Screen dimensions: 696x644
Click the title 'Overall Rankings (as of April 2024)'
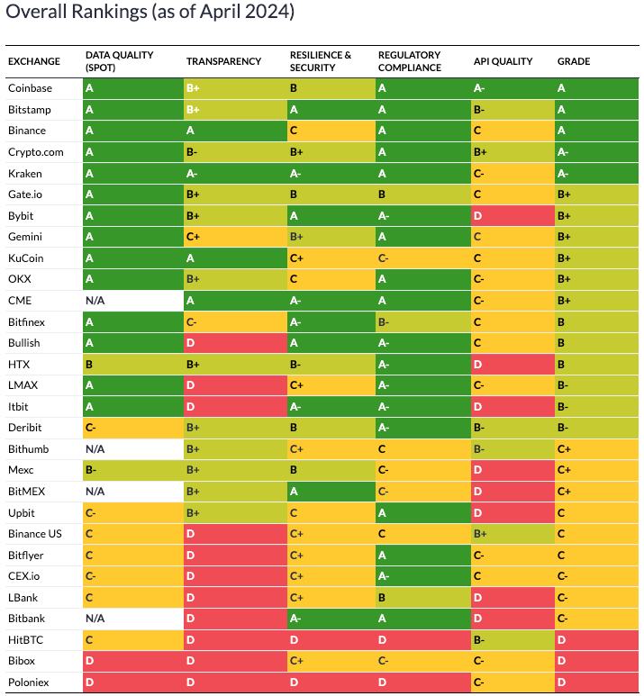150,14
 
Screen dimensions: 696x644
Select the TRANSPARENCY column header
223,61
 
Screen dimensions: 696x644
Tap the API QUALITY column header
503,61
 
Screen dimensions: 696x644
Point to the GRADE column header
573,61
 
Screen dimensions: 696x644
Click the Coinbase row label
30,88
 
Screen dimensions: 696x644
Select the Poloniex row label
30,682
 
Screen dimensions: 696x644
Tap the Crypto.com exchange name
36,152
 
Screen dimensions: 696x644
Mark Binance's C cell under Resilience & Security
330,131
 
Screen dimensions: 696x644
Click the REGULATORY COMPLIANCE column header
410,61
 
